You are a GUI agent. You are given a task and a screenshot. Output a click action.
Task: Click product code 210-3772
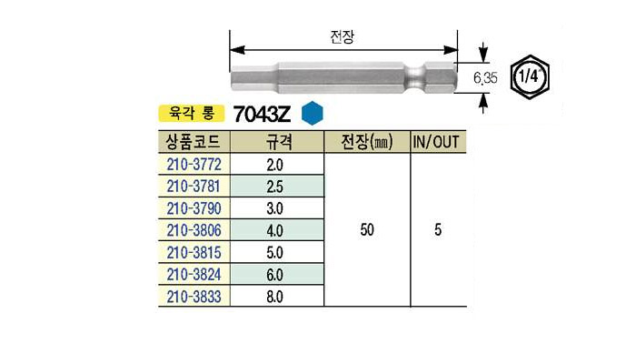coord(194,165)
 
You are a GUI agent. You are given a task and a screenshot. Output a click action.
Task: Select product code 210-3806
coord(194,230)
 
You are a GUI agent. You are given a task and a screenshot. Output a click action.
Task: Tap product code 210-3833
coord(194,297)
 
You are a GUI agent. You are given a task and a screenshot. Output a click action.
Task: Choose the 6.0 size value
coord(274,275)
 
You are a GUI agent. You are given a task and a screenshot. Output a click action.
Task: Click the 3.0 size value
coord(274,208)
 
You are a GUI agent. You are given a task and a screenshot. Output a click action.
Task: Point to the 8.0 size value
coord(274,297)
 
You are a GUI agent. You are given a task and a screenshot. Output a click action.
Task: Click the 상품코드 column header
coord(193,142)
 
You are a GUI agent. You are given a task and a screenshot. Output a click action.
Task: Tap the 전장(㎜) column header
coord(367,142)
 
